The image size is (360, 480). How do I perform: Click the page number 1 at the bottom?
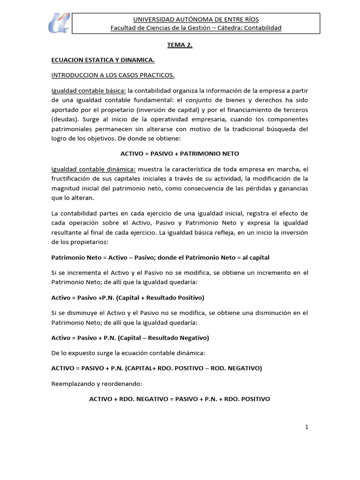click(x=306, y=427)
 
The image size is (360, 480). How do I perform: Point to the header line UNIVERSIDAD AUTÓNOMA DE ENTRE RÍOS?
click(x=195, y=19)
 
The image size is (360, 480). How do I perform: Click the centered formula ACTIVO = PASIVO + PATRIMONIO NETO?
click(x=180, y=153)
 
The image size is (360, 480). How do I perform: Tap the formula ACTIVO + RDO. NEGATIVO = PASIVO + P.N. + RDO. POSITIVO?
click(x=180, y=399)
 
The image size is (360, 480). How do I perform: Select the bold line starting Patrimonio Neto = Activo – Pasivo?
click(x=160, y=257)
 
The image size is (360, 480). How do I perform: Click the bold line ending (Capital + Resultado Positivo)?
click(x=127, y=297)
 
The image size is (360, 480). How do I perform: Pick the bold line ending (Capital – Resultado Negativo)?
click(x=130, y=337)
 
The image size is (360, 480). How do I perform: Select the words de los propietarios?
click(x=80, y=242)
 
